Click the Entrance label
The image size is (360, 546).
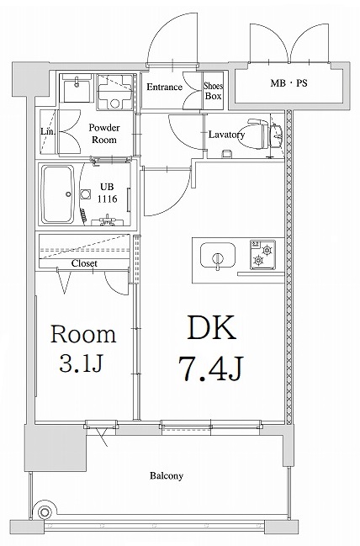(165, 87)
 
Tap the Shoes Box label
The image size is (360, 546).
(214, 90)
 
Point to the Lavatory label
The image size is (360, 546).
(226, 135)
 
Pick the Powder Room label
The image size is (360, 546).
(104, 134)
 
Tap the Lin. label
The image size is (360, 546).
(47, 131)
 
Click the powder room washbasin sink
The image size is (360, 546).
(81, 87)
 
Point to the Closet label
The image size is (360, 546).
(84, 263)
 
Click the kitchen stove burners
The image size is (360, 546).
(264, 256)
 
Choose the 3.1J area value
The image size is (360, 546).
(82, 366)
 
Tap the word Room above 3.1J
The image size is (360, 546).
(82, 334)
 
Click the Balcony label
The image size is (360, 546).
(167, 476)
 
